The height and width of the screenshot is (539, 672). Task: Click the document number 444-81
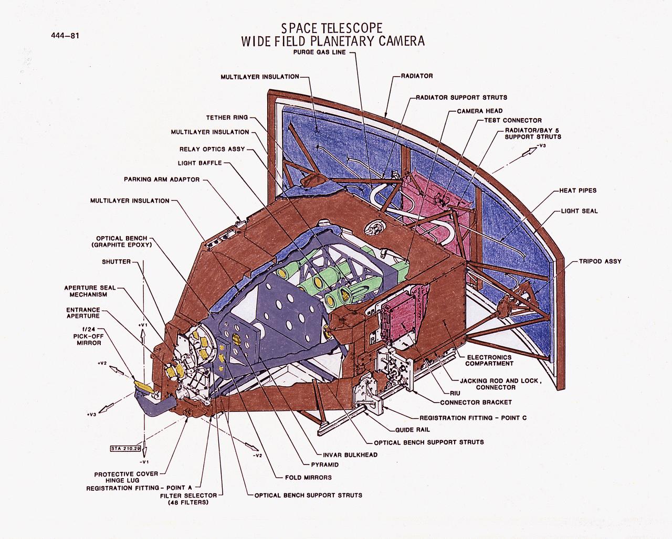click(x=65, y=36)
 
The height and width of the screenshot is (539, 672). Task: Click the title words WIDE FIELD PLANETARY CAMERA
click(x=332, y=42)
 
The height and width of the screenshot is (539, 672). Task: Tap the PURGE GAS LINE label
click(x=319, y=52)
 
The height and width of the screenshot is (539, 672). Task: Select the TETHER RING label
click(x=227, y=118)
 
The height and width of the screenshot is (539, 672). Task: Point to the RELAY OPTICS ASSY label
click(x=212, y=149)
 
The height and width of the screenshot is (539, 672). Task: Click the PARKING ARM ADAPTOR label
click(x=162, y=179)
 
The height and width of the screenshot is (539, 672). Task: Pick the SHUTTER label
click(x=116, y=262)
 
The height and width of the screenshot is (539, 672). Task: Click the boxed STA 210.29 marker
click(x=125, y=449)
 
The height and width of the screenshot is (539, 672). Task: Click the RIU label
click(x=454, y=392)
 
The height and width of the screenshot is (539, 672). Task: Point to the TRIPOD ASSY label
click(x=600, y=261)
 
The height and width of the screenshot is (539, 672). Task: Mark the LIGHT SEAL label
click(x=579, y=211)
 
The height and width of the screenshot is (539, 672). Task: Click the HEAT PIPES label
click(x=578, y=191)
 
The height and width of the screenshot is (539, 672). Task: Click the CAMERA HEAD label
click(x=479, y=111)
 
